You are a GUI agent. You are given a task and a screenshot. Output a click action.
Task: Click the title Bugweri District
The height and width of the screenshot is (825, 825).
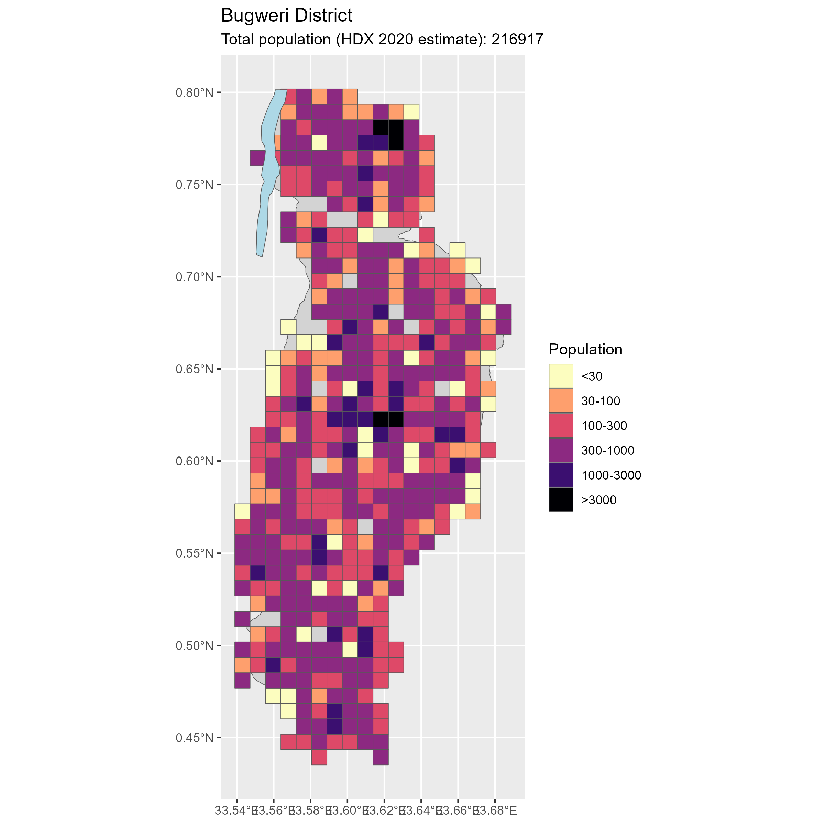[x=287, y=16]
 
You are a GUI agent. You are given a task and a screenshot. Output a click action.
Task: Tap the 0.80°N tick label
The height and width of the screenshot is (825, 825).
[x=194, y=93]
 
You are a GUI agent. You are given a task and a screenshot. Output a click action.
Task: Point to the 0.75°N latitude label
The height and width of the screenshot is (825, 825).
[x=194, y=185]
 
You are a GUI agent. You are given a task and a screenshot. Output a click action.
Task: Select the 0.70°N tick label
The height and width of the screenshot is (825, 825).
[x=194, y=277]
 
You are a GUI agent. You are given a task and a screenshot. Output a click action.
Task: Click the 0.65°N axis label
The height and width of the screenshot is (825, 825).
[x=194, y=369]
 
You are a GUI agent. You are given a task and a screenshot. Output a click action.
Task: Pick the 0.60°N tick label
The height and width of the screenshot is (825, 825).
[x=194, y=461]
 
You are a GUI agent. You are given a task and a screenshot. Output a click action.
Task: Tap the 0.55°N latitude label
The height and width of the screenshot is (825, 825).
[x=194, y=553]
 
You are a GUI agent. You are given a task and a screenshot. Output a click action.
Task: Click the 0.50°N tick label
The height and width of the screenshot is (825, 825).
[x=194, y=645]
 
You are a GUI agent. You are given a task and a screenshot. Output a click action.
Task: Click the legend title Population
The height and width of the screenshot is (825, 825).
[x=585, y=349]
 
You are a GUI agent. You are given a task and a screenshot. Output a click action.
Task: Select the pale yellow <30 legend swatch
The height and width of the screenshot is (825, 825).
[x=561, y=376]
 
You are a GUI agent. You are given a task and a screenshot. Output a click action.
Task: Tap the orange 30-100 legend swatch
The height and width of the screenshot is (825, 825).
[x=561, y=401]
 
